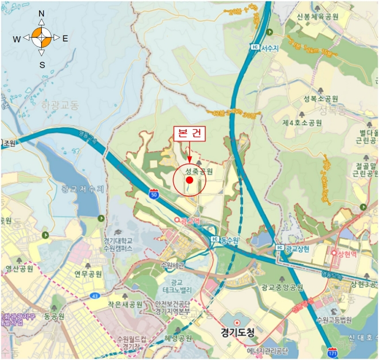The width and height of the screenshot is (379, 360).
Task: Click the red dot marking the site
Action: point(190,179)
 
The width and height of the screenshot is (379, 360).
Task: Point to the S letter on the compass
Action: point(42,65)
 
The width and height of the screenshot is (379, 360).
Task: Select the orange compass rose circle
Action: point(42,38)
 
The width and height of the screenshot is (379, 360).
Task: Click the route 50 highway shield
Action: point(155,194)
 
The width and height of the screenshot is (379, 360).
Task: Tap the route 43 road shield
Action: point(95,295)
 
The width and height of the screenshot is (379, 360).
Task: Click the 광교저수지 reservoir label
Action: point(83,189)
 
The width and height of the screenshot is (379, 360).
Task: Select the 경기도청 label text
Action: point(238,332)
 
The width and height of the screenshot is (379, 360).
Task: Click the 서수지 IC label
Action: point(264,48)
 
